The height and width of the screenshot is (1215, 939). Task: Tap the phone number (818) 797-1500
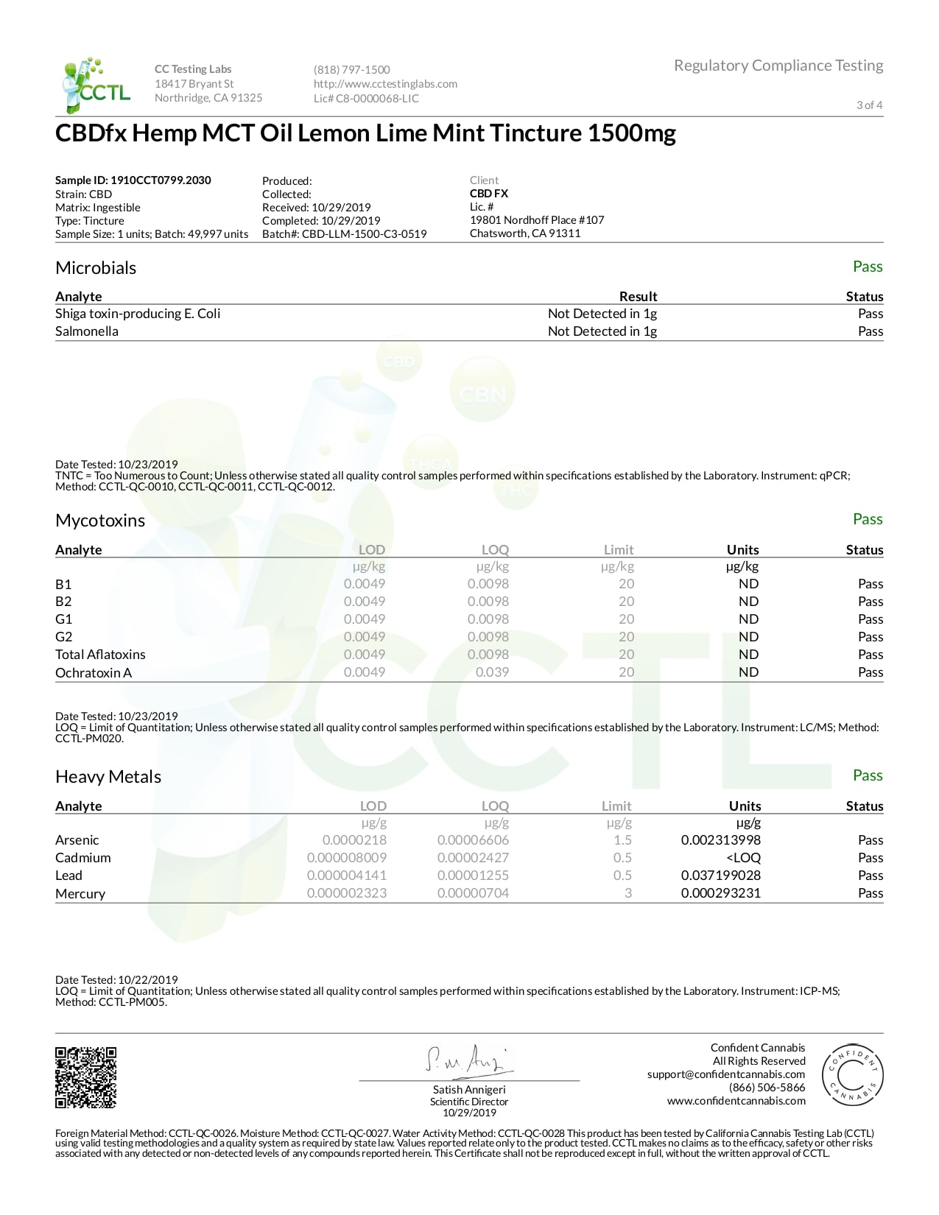coord(351,70)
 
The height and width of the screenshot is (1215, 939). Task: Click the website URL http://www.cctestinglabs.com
coord(385,84)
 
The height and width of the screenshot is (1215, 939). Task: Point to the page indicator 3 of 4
coord(869,105)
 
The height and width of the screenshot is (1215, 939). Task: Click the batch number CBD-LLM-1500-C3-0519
coord(364,234)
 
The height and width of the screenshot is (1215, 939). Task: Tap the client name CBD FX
coord(489,194)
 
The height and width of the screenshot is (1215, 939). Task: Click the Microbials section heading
coord(96,268)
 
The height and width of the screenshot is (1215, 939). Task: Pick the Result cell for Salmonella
coord(602,331)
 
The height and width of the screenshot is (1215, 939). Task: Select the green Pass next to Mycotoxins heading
coord(867,520)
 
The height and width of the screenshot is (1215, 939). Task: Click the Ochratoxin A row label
coord(94,672)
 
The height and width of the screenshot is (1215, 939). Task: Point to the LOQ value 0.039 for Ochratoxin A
coord(492,672)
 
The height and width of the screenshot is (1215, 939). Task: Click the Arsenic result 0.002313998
coord(720,840)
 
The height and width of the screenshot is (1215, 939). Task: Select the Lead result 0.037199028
coord(720,876)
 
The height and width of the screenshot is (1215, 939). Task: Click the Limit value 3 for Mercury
coord(628,893)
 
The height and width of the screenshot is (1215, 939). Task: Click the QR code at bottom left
coord(86,1077)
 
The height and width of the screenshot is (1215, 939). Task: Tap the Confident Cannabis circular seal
coord(852,1076)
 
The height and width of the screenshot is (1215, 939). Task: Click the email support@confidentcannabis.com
coord(725,1074)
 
